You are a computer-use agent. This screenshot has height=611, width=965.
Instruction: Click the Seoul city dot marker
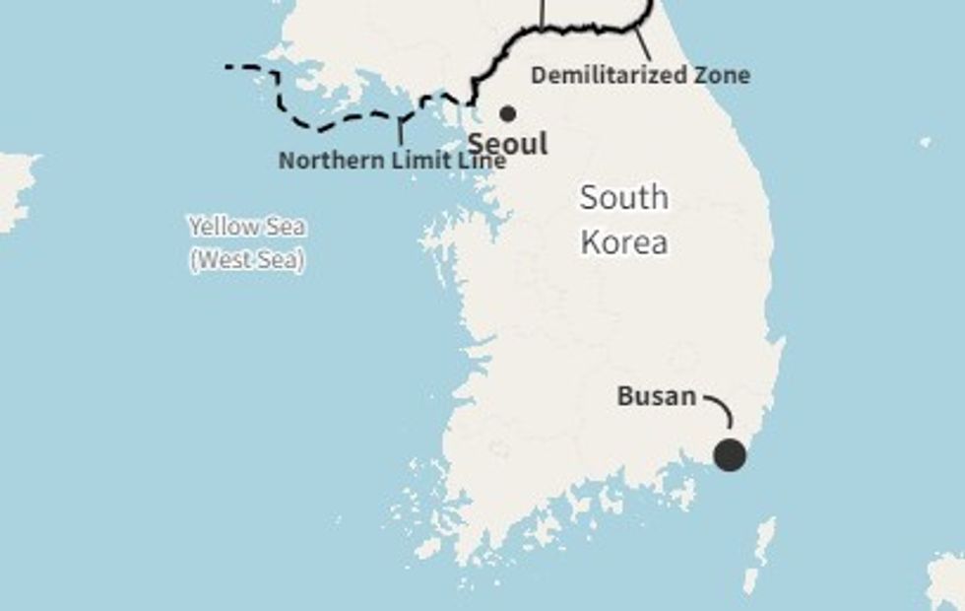507,113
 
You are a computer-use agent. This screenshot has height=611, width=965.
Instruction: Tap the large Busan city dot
730,455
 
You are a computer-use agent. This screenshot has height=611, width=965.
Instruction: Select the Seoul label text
507,144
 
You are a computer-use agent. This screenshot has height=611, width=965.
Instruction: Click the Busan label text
656,397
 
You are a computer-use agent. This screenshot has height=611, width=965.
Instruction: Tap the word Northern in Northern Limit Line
322,160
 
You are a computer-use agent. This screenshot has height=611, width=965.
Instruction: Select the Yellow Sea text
247,228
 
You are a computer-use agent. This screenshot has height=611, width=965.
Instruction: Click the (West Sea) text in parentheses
247,260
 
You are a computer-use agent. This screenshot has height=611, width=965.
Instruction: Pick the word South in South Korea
623,198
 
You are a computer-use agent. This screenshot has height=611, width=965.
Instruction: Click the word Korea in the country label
624,242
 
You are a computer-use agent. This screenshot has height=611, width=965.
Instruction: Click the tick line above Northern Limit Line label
400,133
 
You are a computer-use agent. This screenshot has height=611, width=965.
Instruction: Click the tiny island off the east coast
925,143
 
